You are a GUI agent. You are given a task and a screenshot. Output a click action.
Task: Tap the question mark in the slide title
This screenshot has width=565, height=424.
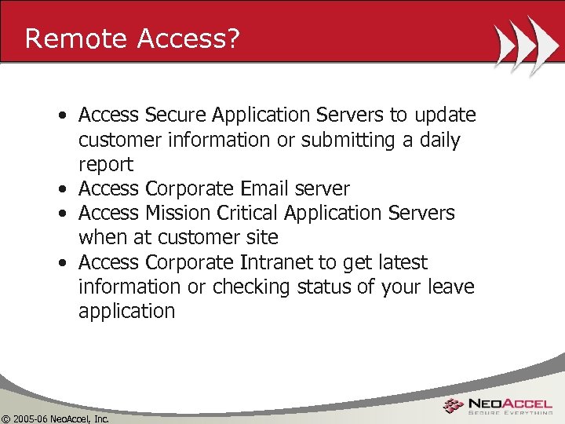point(232,38)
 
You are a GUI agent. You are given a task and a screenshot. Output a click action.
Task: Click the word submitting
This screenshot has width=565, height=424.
point(354,141)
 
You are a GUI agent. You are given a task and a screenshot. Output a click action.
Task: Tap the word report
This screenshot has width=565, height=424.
point(105,165)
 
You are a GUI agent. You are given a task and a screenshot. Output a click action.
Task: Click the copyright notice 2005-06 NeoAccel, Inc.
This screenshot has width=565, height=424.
point(56,419)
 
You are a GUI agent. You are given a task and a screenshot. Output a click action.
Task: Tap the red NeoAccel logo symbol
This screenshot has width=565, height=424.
point(454,405)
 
